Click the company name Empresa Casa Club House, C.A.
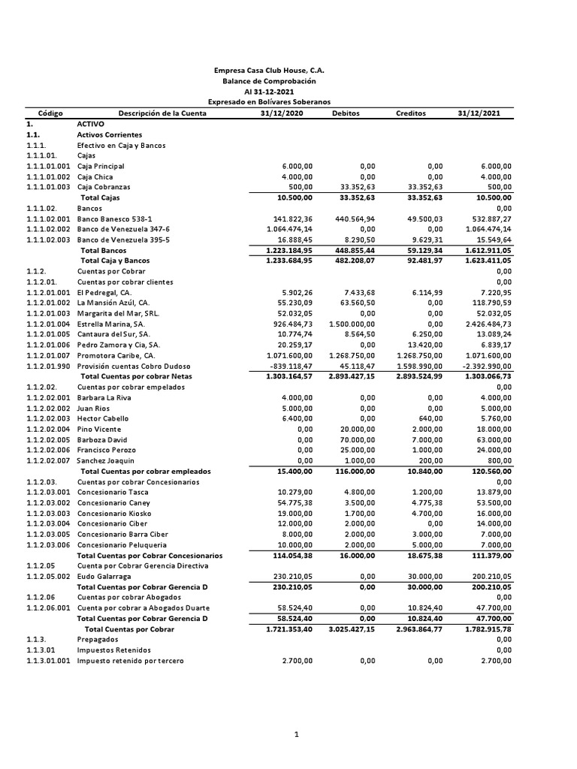270,70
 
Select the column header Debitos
345,113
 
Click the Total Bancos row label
104,250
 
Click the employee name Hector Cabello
103,418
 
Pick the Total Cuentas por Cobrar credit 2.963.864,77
415,629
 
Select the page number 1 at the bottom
298,735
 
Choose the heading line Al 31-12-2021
270,91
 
